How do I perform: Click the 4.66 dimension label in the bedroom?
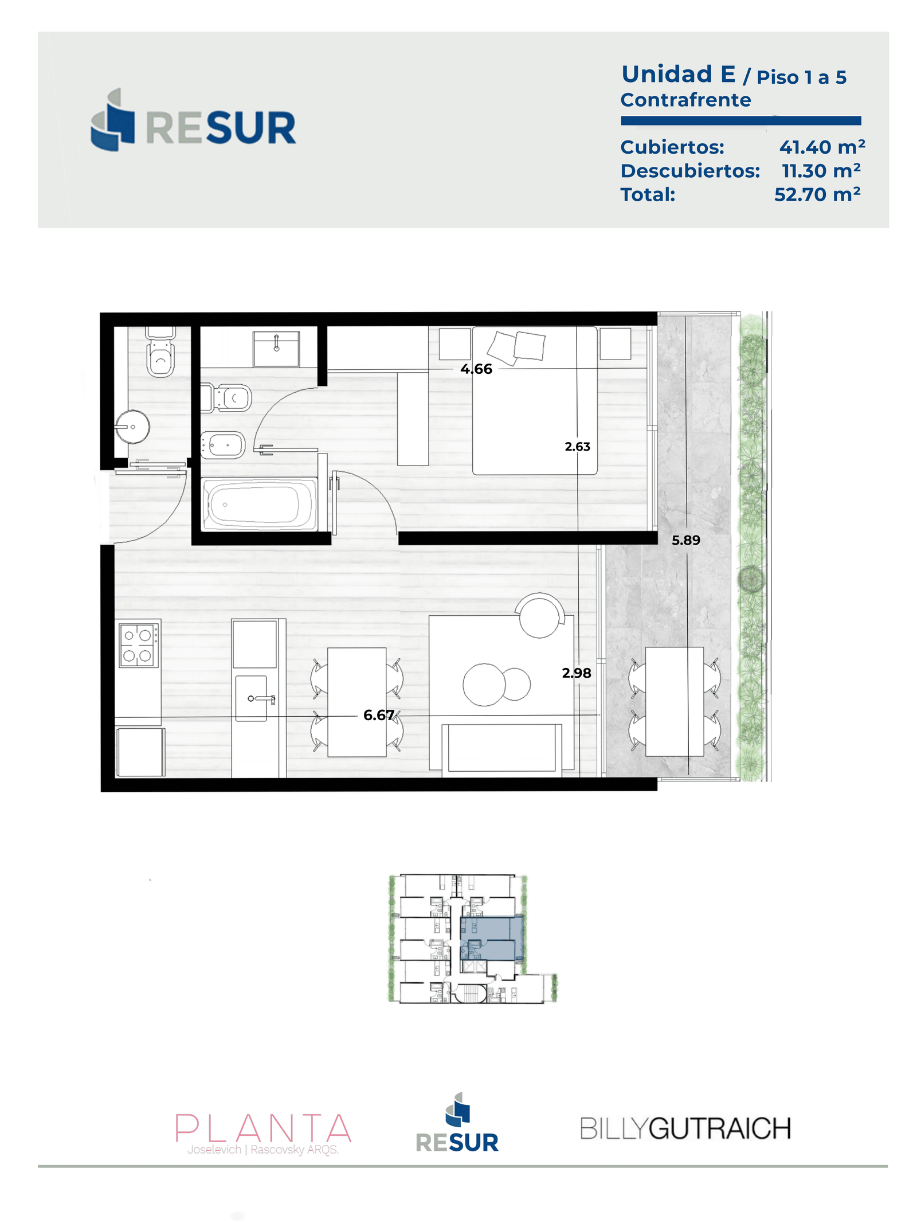pos(476,369)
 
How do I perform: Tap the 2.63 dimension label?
pos(577,446)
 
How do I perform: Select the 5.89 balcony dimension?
pos(685,540)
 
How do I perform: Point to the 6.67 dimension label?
pos(378,714)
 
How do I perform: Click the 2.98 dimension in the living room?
pos(576,673)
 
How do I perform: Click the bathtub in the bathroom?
pos(259,504)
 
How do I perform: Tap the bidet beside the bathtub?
pos(223,445)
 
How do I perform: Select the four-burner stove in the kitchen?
pos(138,644)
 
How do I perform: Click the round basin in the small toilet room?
pos(132,427)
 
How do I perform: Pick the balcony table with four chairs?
pos(674,701)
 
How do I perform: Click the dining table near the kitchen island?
pos(356,702)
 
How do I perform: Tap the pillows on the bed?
pos(516,346)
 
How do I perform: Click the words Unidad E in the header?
pos(678,74)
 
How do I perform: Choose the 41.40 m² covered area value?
pos(822,147)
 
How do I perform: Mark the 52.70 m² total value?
pos(817,194)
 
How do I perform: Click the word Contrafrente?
pos(685,100)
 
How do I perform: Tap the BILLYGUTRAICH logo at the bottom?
pos(685,1128)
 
